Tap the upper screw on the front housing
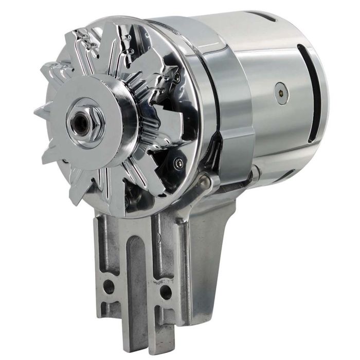[176, 77]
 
